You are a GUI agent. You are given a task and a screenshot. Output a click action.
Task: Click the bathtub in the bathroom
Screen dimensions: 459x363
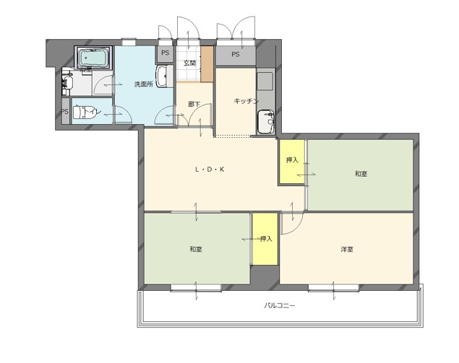pos(93,58)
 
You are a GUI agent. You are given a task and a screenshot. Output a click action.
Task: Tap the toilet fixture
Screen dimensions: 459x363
pos(83,112)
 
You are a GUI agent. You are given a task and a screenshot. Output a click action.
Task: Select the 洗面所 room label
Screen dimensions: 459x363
pos(143,84)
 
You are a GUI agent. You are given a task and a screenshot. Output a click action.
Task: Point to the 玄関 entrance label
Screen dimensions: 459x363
pos(189,63)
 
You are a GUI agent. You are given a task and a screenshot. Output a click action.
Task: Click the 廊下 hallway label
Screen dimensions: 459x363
pos(194,104)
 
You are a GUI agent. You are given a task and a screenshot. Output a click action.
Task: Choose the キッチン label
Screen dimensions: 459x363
pos(246,101)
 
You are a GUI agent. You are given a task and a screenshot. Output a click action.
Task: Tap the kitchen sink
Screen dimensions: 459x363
pos(265,121)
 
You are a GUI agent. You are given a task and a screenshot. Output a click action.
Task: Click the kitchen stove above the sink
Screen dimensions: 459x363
pos(265,82)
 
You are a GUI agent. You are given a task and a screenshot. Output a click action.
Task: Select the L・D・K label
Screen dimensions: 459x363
pos(210,169)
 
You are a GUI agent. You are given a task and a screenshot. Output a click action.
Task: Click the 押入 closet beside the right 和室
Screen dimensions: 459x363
pos(291,162)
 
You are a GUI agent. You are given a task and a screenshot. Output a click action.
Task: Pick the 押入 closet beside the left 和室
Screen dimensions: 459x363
pos(265,239)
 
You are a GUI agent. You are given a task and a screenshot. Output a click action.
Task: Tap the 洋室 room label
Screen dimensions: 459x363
pos(347,249)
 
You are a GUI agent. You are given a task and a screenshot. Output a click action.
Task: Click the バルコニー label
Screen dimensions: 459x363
pos(280,306)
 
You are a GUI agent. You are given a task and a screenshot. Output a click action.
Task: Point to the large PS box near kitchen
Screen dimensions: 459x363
pos(236,55)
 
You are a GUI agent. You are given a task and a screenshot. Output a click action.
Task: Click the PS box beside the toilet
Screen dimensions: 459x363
pos(65,111)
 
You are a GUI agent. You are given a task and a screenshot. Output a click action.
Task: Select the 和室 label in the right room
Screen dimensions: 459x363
pos(361,174)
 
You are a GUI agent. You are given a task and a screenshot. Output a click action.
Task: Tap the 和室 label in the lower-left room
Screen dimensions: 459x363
pos(196,249)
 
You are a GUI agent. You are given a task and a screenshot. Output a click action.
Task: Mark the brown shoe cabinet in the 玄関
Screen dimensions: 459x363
pos(207,64)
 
